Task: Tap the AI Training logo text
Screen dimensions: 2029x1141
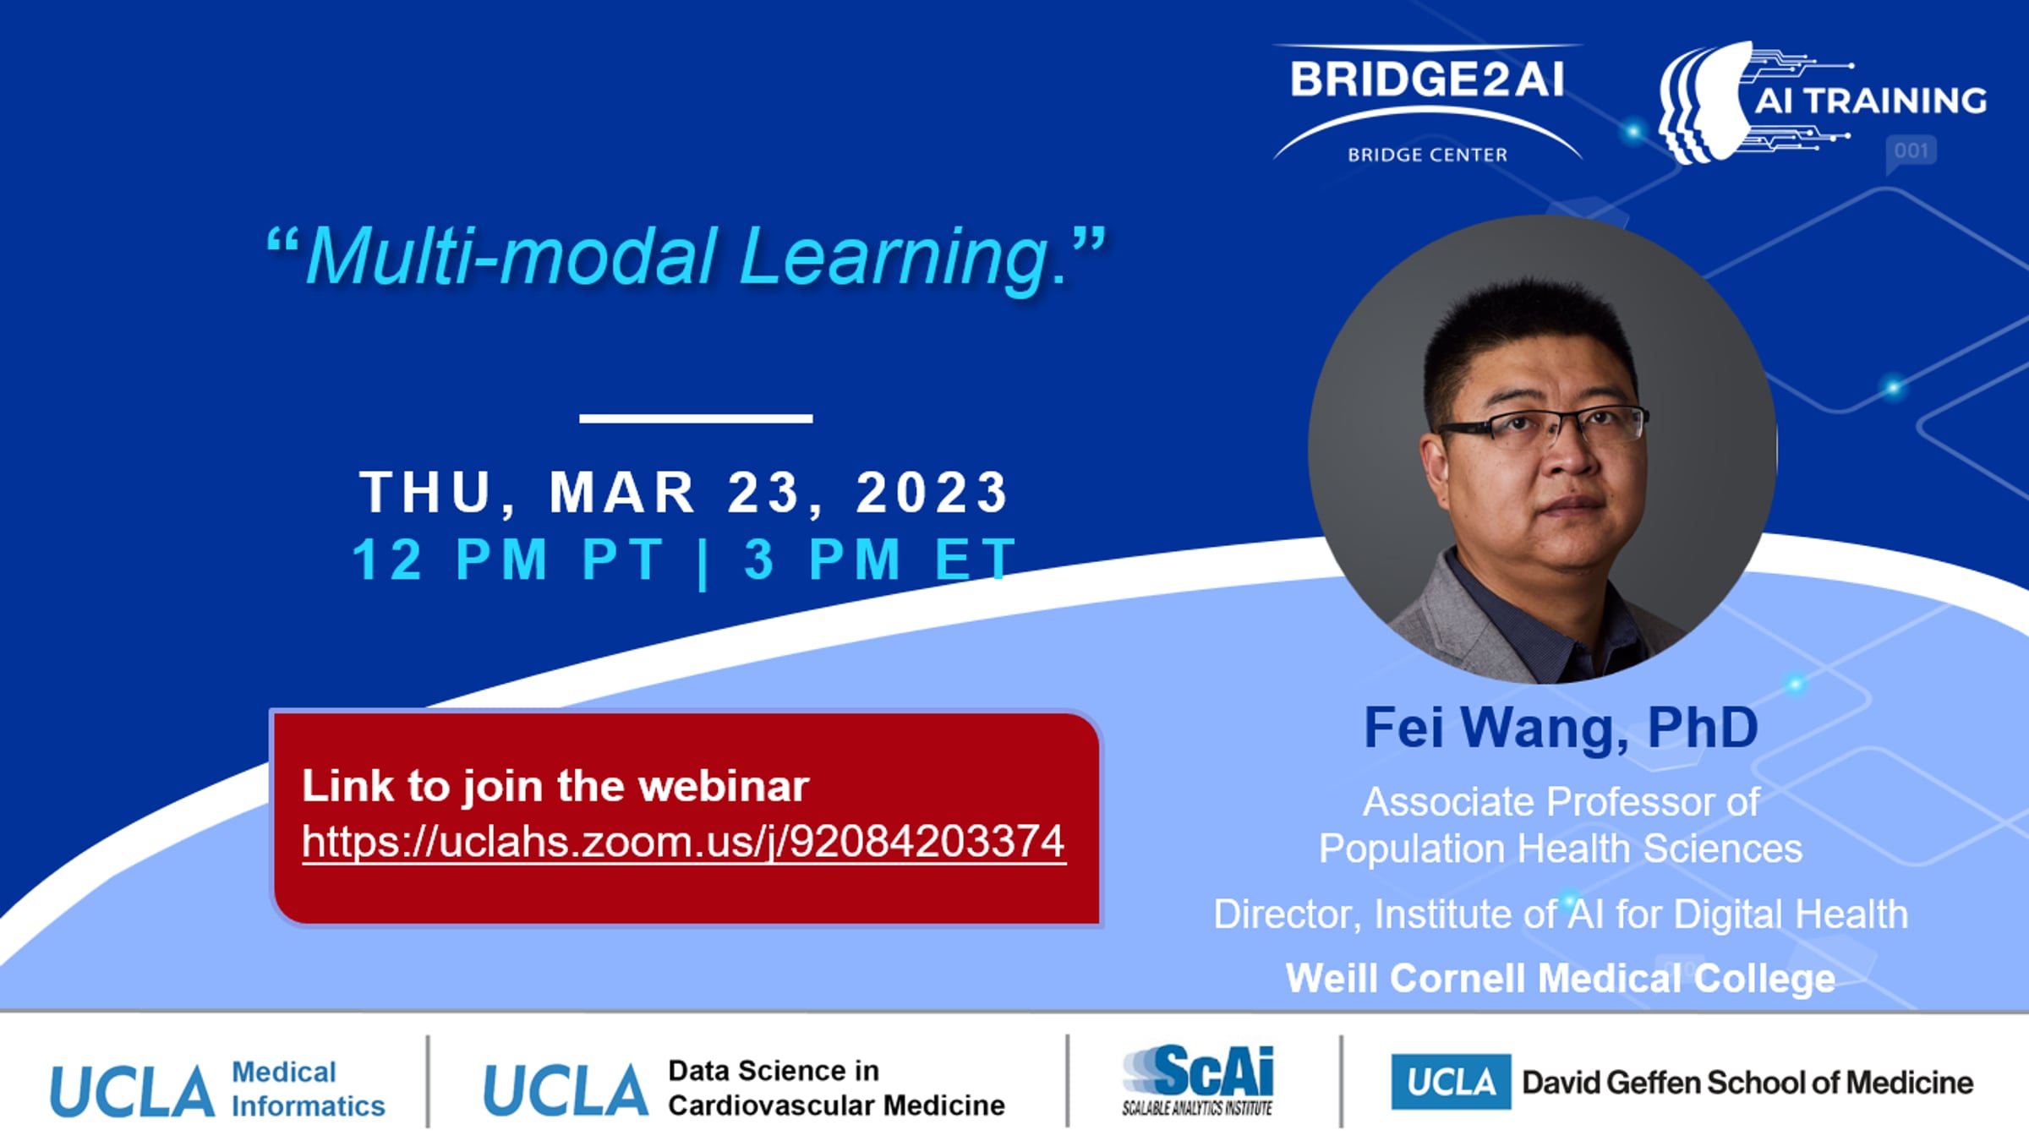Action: coord(1871,101)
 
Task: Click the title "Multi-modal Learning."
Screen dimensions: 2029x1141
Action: coord(686,255)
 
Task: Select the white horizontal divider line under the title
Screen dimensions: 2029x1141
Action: coord(696,418)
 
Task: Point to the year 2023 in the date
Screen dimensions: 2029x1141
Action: coord(932,492)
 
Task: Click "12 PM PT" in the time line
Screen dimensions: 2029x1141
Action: coord(509,559)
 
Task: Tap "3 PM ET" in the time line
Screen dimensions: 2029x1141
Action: coord(879,559)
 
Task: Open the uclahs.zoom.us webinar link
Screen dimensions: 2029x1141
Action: coord(683,842)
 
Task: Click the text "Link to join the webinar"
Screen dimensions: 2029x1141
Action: coord(555,786)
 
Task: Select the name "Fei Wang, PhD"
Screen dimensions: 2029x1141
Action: coord(1561,727)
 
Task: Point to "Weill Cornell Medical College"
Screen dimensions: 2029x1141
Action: coord(1561,978)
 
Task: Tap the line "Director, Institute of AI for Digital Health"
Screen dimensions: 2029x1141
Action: coord(1561,914)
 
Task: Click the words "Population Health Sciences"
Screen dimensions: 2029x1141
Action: coord(1561,848)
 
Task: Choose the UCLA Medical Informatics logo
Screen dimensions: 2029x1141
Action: coord(217,1089)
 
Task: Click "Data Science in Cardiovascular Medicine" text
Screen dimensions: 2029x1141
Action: coord(836,1088)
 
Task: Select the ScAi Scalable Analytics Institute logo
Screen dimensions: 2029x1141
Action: coord(1197,1080)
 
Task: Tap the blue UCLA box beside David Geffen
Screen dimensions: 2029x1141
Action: coord(1451,1082)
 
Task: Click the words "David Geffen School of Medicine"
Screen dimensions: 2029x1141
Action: coord(1747,1083)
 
